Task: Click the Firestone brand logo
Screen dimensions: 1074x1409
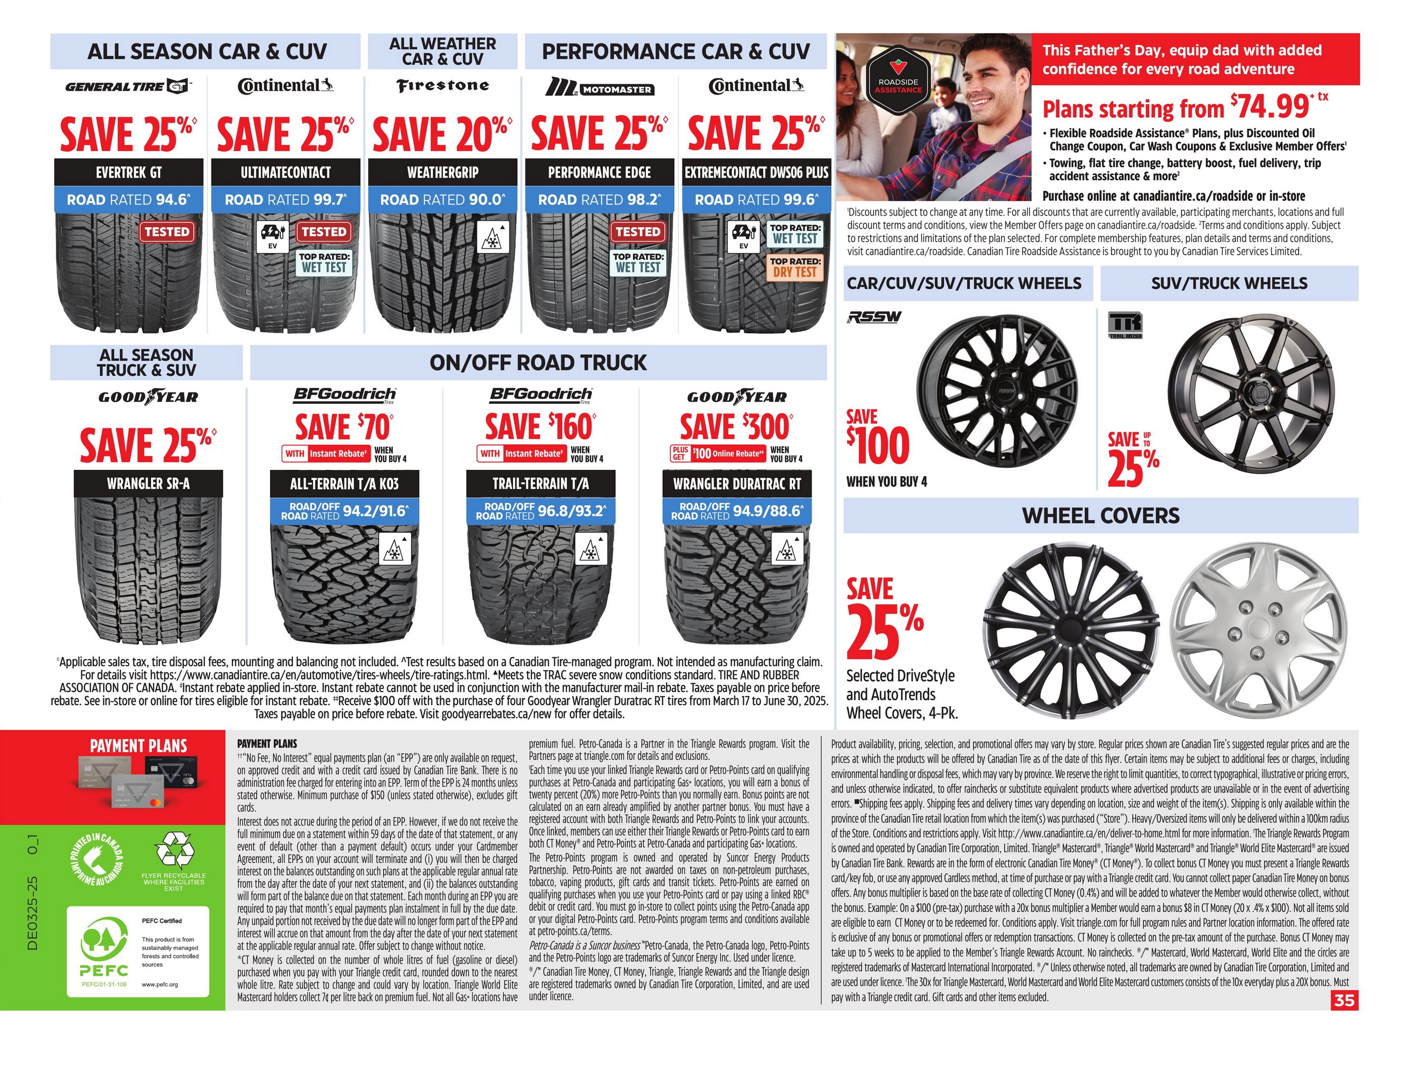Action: coord(442,86)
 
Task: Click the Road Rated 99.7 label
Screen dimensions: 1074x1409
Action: coord(285,199)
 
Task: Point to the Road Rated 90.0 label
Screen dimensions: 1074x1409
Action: coord(442,199)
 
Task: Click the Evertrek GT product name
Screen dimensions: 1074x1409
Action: coord(128,172)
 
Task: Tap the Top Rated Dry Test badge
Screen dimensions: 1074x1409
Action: coord(795,267)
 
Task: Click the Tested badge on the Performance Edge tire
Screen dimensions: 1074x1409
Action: coord(637,231)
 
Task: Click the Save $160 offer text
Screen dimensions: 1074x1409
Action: coord(539,426)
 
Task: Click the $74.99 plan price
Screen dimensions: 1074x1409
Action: coord(1272,107)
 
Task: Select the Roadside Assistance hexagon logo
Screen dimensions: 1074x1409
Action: coord(898,86)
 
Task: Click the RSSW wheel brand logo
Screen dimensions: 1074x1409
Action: coord(874,317)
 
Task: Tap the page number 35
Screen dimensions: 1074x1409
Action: coord(1344,1000)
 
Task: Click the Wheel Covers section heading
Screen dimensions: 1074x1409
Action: coord(1100,516)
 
